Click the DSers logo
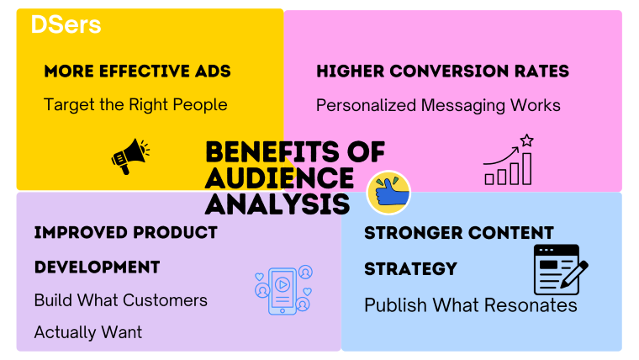66,25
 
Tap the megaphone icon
129,156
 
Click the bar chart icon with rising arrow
508,166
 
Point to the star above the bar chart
527,140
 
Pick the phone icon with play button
283,290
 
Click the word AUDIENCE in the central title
279,177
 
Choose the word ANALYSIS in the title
277,204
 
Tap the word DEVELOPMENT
97,267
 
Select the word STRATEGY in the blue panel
410,268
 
